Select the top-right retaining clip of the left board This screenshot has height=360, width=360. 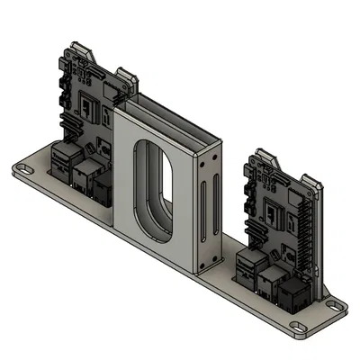[127, 79]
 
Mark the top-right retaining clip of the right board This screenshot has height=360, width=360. [315, 184]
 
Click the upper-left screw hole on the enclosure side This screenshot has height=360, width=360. [204, 165]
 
